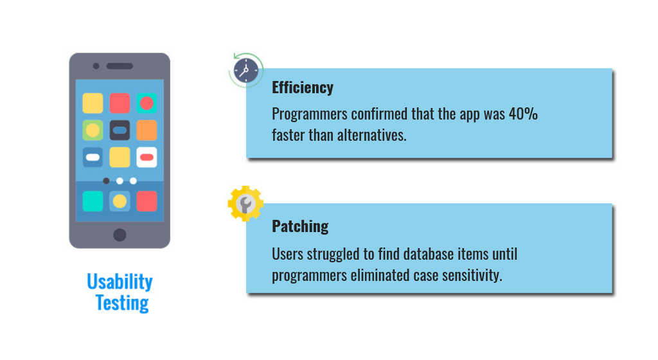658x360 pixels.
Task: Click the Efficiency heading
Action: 303,87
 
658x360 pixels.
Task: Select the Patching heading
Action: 300,226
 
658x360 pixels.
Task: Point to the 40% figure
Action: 523,114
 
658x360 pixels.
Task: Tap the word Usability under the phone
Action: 120,282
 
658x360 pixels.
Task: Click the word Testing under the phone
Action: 122,303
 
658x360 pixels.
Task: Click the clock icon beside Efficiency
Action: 246,70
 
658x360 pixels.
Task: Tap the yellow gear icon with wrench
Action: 245,204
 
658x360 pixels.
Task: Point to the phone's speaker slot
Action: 120,66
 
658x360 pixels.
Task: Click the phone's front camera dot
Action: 96,66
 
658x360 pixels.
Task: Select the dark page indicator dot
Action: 106,181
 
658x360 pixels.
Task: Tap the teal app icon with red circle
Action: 147,104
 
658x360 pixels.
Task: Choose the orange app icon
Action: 147,130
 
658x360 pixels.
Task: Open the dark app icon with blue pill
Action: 120,130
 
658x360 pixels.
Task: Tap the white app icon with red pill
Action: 147,157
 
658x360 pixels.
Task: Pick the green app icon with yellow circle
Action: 93,130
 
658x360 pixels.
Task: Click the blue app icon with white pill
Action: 93,157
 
